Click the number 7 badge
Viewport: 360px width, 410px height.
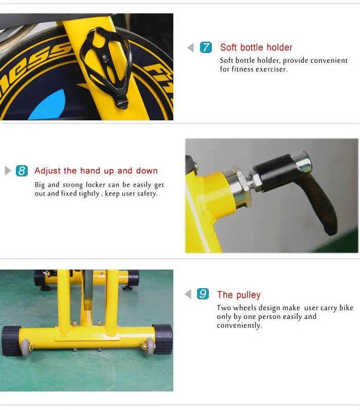206,47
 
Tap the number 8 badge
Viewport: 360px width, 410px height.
22,171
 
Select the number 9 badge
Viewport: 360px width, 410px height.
203,294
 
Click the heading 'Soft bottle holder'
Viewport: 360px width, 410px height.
256,47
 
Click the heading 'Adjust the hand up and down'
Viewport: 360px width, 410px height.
96,171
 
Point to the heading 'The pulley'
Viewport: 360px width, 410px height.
239,295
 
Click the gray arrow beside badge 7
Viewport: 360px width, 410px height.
191,48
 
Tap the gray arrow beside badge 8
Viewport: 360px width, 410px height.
8,171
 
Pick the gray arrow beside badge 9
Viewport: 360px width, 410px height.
188,294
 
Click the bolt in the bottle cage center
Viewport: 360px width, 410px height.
104,57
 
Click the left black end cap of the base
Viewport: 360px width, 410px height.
11,340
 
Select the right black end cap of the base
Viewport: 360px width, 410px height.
163,339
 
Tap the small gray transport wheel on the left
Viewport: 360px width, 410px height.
26,348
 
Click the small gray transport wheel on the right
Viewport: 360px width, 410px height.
150,346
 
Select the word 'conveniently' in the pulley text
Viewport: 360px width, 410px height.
239,326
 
